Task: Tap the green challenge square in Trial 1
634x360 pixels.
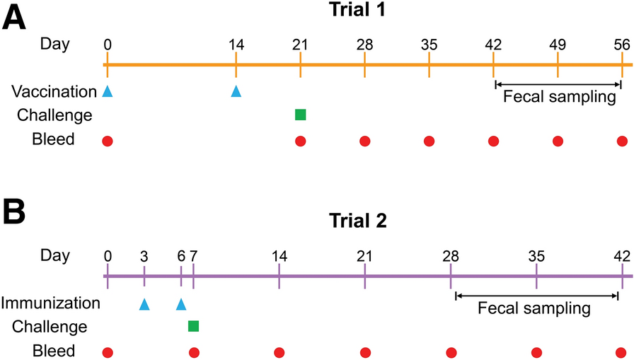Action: [x=300, y=115]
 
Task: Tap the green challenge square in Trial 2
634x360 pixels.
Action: [x=193, y=326]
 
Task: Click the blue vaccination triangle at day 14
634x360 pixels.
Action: [x=236, y=91]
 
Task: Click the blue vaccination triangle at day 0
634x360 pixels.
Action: [x=107, y=91]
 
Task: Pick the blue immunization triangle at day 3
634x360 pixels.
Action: [x=144, y=304]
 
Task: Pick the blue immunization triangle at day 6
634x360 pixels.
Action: [x=180, y=304]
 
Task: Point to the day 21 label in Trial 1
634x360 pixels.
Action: [x=300, y=45]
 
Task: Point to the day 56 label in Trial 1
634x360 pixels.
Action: [x=622, y=45]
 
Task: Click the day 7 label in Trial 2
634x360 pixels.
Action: [x=193, y=256]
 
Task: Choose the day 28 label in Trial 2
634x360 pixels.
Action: [x=451, y=256]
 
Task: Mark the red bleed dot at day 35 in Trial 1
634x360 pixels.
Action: [x=429, y=141]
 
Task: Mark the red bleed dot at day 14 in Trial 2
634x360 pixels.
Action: [x=279, y=352]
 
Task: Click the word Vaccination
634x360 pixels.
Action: [x=54, y=91]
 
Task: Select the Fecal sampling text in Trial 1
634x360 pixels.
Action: [x=559, y=96]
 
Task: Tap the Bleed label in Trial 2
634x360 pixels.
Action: [x=54, y=351]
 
